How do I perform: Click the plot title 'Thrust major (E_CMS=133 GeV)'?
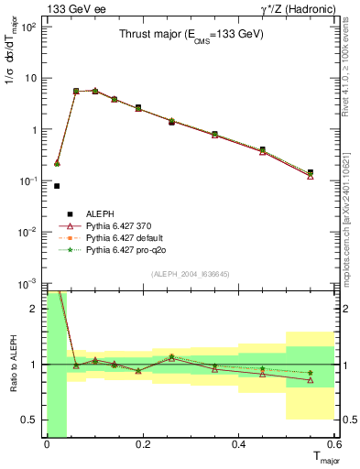pos(191,35)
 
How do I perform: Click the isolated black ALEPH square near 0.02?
pos(57,186)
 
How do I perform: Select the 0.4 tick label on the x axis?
pos(239,445)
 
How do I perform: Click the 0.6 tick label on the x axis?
pos(334,445)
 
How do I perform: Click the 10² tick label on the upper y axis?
pos(27,27)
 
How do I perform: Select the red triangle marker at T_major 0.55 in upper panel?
pos(311,176)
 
